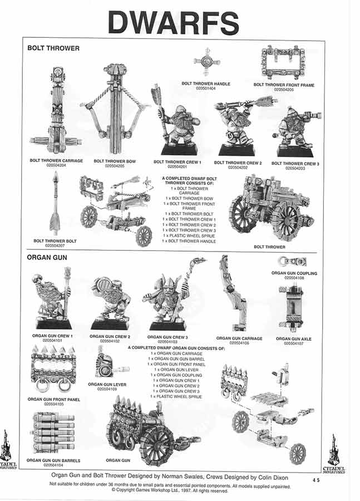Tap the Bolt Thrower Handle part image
pos(206,65)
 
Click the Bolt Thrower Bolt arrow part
pos(55,203)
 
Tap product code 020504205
pos(114,165)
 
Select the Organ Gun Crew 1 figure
pos(53,300)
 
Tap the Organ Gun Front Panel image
pos(53,368)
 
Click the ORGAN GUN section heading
pos(47,258)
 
